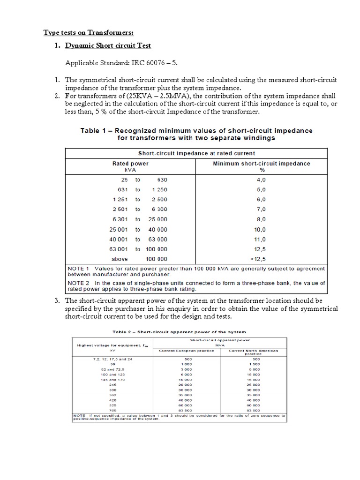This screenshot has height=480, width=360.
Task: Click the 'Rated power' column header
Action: (x=130, y=164)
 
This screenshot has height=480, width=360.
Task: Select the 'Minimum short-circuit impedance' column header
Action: (x=261, y=164)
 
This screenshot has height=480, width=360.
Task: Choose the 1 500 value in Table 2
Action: (x=253, y=364)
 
